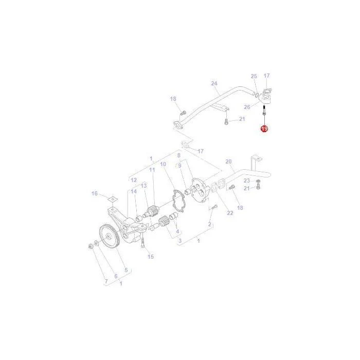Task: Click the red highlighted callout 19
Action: [x=264, y=129]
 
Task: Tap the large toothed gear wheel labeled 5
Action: [x=110, y=236]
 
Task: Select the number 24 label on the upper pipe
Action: [x=214, y=83]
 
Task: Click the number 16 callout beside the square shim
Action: [x=95, y=193]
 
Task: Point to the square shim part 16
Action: [x=112, y=199]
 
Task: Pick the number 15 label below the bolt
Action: [x=151, y=257]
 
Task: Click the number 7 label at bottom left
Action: [x=106, y=281]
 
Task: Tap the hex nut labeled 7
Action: [x=91, y=247]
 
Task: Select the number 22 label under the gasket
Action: [x=230, y=213]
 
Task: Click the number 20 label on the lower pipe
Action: [x=228, y=161]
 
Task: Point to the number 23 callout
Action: [x=246, y=181]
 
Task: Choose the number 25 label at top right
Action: [x=254, y=76]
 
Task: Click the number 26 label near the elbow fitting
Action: [x=247, y=107]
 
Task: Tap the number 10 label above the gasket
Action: [x=163, y=164]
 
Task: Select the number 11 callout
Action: [x=152, y=170]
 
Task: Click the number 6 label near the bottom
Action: [x=116, y=276]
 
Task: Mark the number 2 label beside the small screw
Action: [x=209, y=224]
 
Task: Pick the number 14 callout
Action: [x=134, y=191]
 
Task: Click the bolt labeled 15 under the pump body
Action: [x=142, y=243]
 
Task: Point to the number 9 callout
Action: [x=180, y=166]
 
